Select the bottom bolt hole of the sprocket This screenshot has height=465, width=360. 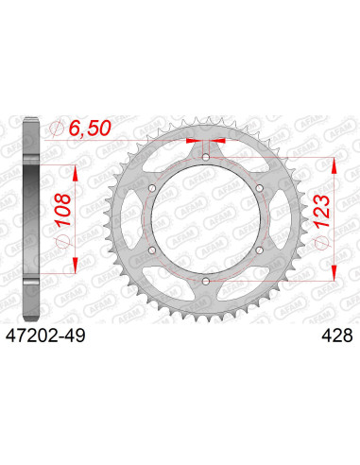[x=206, y=281]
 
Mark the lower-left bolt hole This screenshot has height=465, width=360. [x=153, y=250]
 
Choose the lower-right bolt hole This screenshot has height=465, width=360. [x=258, y=250]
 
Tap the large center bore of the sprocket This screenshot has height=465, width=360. [x=206, y=220]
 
